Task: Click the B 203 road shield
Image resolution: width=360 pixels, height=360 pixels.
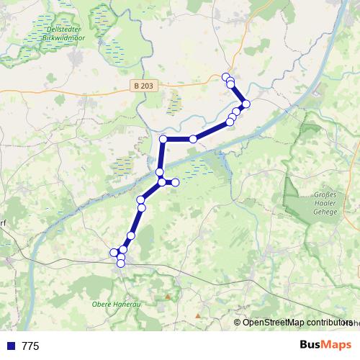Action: coord(143,86)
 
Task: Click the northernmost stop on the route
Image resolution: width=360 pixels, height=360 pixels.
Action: coord(226,77)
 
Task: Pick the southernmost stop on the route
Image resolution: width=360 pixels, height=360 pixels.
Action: coord(121,264)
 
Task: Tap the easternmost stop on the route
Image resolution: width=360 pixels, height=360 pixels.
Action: coord(246,104)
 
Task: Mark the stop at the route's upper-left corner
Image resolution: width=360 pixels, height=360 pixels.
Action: coord(163,139)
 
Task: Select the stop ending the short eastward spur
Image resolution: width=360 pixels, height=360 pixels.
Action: coord(175,182)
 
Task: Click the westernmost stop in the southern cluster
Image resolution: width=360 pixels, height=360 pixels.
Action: coord(113,252)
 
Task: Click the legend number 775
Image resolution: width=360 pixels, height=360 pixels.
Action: coord(30,346)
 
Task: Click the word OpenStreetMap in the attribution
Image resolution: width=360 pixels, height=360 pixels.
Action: coord(273,323)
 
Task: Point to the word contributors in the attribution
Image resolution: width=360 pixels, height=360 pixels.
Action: coord(328,323)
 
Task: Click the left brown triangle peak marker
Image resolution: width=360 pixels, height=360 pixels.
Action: coord(168,295)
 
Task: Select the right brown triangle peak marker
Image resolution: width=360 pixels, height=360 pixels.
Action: coord(198,315)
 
